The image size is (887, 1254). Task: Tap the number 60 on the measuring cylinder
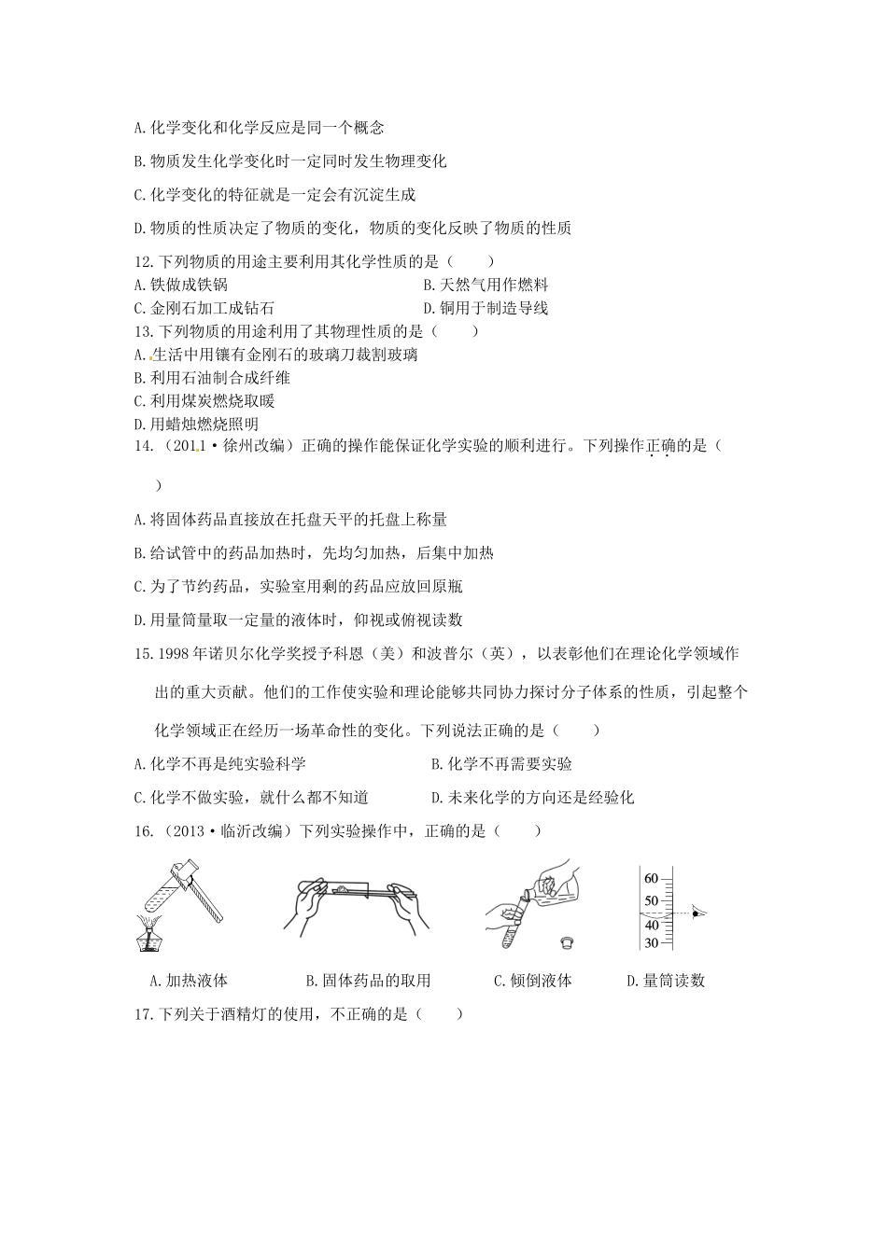pyautogui.click(x=651, y=878)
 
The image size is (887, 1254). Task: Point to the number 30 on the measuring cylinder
pyautogui.click(x=651, y=942)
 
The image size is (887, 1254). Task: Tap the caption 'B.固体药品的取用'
pyautogui.click(x=369, y=980)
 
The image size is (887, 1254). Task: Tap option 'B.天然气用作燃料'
pyautogui.click(x=486, y=285)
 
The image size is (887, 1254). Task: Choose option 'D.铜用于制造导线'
pyautogui.click(x=486, y=307)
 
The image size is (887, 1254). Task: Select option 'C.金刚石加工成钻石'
pyautogui.click(x=204, y=307)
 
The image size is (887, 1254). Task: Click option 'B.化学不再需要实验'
pyautogui.click(x=501, y=763)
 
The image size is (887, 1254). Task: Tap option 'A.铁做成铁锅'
pyautogui.click(x=181, y=285)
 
